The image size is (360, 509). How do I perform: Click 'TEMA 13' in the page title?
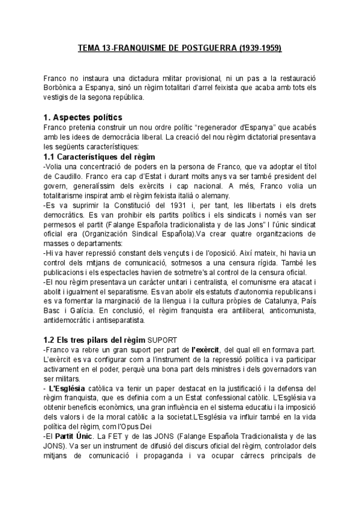pos(97,47)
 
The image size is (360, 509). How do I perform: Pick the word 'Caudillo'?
pos(65,178)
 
